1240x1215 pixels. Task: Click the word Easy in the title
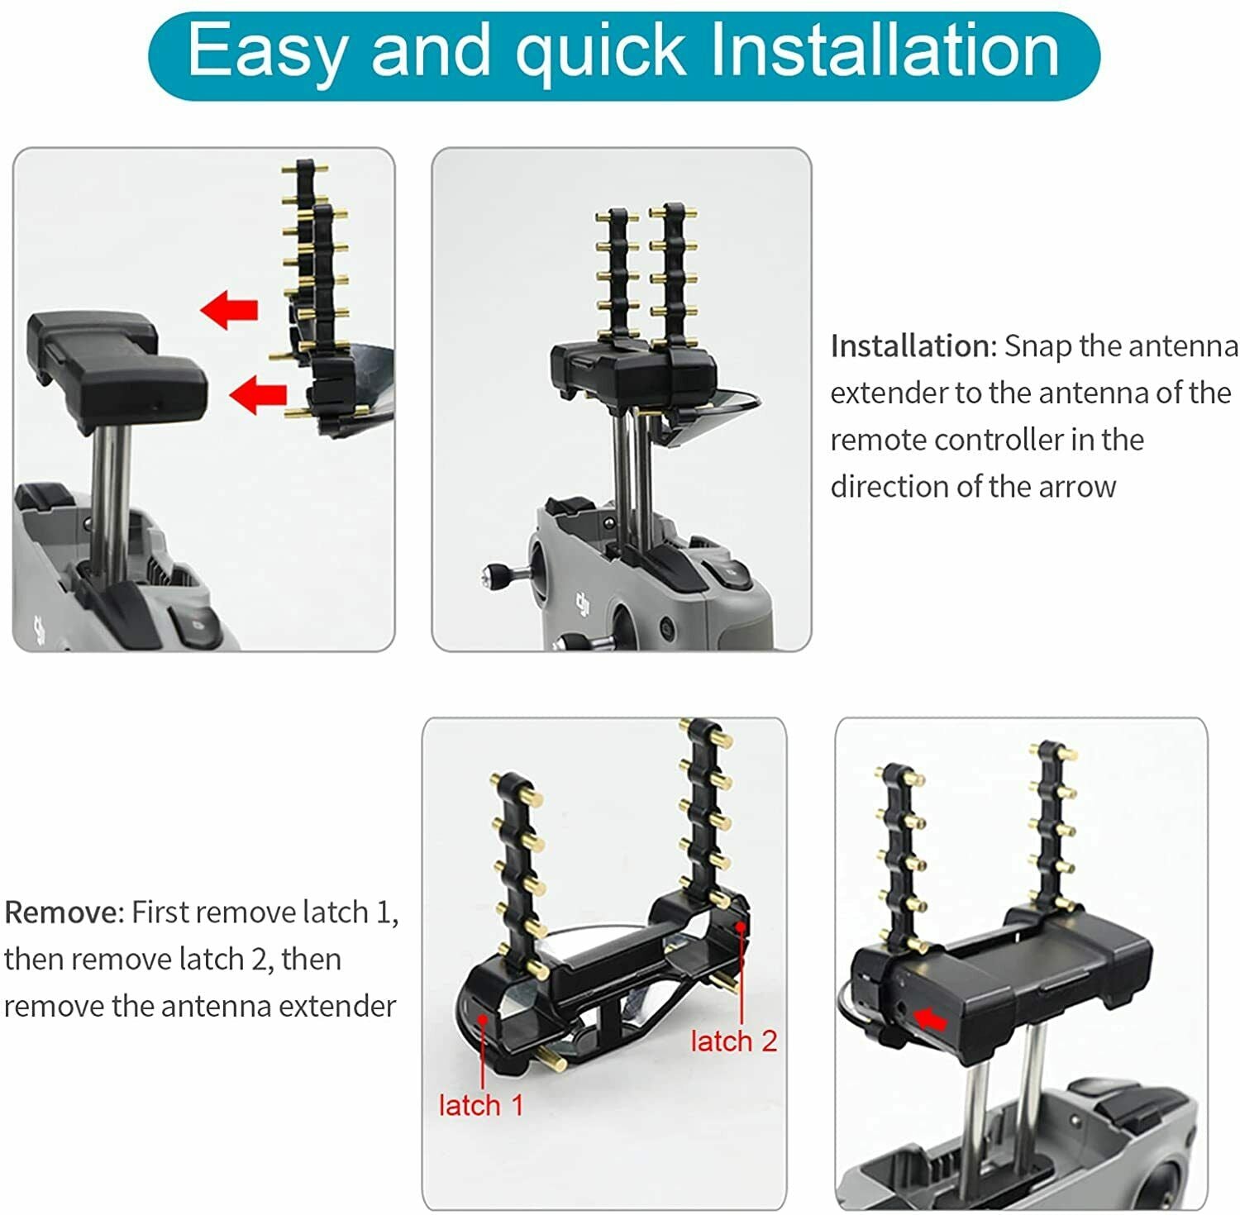point(265,52)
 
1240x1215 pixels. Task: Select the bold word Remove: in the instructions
point(64,912)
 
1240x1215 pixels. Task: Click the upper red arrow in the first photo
point(229,310)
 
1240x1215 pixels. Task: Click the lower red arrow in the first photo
point(258,394)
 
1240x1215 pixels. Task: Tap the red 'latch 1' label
point(481,1105)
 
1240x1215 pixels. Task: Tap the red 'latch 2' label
point(734,1041)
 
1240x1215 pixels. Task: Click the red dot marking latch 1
point(482,1020)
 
